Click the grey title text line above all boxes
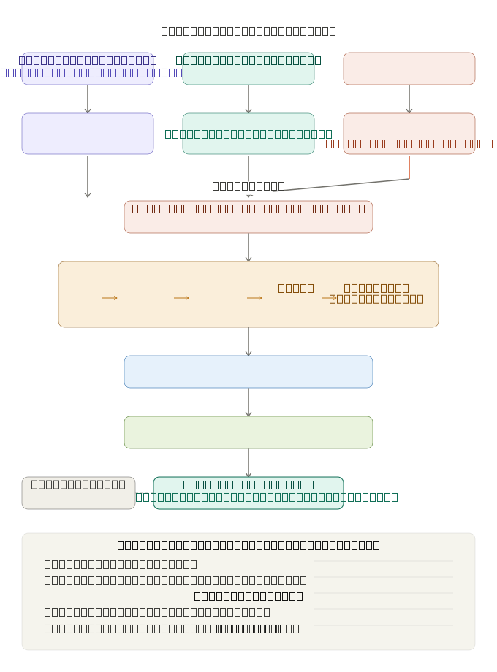(x=248, y=31)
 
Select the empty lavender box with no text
(x=88, y=134)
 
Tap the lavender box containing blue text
(x=88, y=69)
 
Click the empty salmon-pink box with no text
(x=409, y=69)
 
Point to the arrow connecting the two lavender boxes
(x=88, y=99)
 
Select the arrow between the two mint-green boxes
(x=248, y=99)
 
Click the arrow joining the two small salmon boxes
(x=409, y=99)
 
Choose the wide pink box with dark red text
(x=248, y=217)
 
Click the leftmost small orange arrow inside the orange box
(x=110, y=298)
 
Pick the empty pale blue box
(x=248, y=372)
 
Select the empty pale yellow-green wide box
(x=248, y=432)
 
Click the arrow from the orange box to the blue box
(x=248, y=342)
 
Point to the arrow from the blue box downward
(x=248, y=402)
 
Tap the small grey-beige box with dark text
(x=78, y=493)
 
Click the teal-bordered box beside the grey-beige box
(x=248, y=493)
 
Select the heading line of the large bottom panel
(x=248, y=545)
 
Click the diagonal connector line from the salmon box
(x=340, y=186)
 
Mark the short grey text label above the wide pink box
(x=248, y=186)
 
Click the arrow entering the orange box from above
(x=248, y=248)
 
